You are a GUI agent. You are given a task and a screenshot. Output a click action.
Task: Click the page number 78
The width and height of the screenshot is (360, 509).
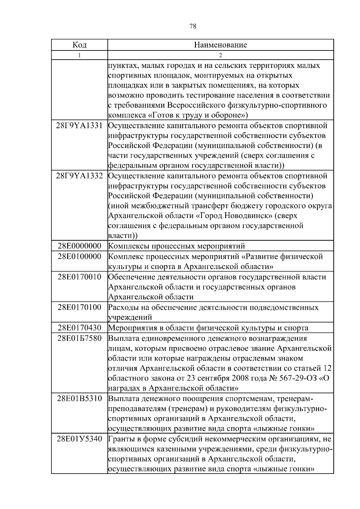(x=193, y=26)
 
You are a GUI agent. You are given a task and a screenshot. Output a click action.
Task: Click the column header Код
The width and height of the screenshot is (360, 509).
(x=79, y=45)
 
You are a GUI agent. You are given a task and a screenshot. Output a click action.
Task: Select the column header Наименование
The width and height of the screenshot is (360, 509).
(x=220, y=45)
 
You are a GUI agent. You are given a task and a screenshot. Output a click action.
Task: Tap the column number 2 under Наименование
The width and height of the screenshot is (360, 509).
(x=220, y=55)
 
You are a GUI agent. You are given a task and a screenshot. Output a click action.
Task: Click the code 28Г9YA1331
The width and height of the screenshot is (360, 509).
(x=79, y=125)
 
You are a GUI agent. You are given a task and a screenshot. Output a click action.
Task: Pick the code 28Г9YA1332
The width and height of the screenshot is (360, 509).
(x=79, y=176)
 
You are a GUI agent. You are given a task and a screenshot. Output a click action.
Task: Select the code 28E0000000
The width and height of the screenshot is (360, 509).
(x=79, y=246)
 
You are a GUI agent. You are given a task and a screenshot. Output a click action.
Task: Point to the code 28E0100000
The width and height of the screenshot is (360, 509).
(x=79, y=256)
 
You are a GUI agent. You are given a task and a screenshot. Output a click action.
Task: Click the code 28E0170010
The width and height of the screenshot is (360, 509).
(x=79, y=277)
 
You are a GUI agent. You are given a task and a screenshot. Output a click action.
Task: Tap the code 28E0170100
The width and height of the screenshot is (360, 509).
(x=79, y=307)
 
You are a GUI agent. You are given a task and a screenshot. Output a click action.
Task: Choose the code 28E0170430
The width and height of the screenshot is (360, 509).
(x=79, y=328)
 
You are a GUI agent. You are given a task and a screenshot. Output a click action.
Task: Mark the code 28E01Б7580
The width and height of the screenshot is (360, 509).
(x=79, y=338)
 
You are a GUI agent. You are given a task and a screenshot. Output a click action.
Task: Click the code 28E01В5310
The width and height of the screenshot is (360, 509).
(x=79, y=399)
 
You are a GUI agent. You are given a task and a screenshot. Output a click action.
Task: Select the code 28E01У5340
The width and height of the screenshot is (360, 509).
(x=79, y=439)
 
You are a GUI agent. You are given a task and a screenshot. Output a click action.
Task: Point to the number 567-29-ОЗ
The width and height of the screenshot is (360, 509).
(x=293, y=378)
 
